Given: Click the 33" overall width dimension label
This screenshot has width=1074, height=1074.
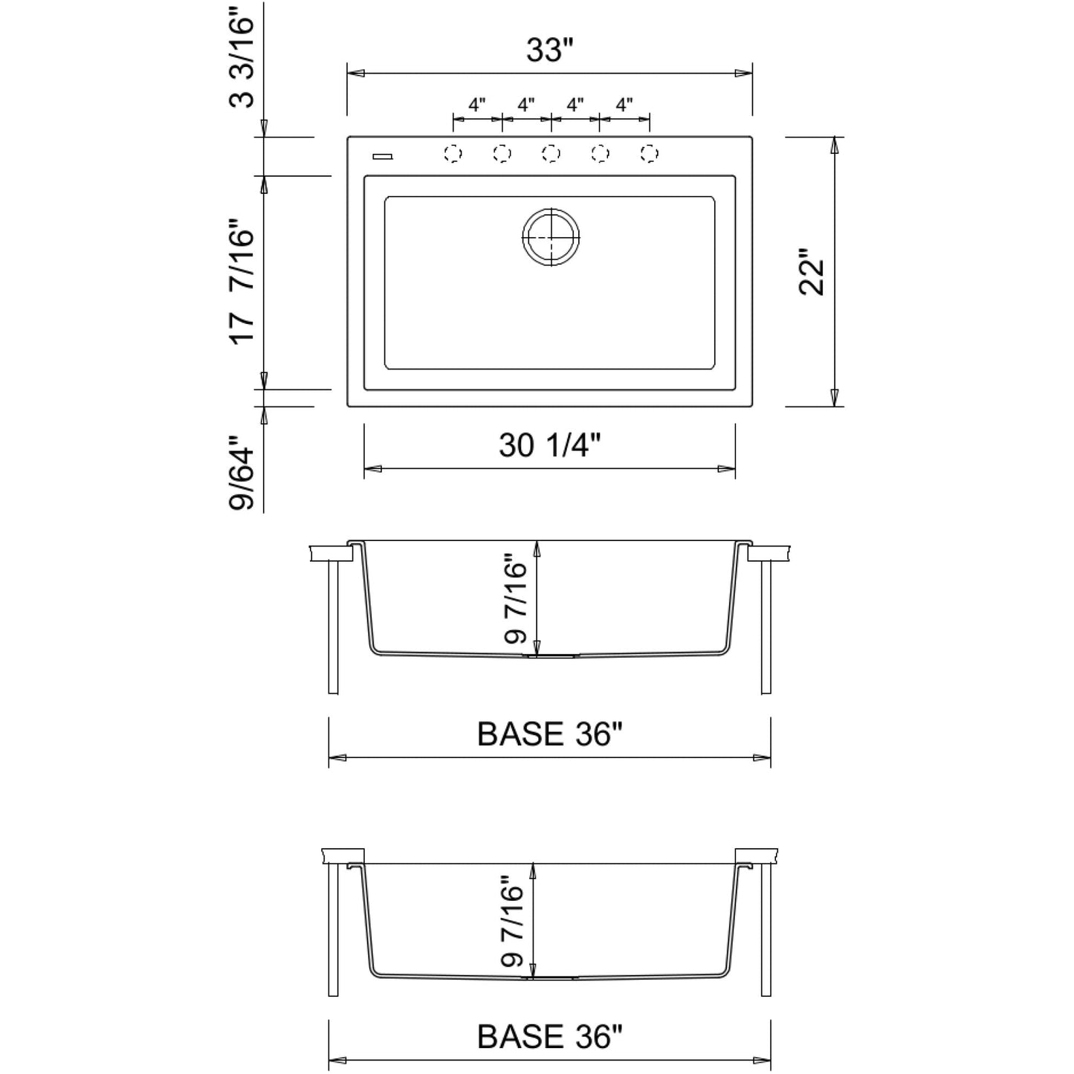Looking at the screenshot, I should tap(550, 51).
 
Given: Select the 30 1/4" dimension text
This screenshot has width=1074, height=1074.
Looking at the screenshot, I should tap(549, 445).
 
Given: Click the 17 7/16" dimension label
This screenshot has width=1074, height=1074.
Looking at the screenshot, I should tap(242, 281).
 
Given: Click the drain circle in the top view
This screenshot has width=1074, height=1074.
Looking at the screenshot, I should tap(550, 237).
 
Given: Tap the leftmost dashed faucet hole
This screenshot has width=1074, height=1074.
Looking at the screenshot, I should tap(453, 154).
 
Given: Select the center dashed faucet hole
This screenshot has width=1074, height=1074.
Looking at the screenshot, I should tap(551, 154).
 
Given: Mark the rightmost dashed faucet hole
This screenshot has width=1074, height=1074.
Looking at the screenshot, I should tap(650, 154).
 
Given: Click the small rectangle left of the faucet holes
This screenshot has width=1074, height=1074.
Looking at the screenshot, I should tap(383, 156).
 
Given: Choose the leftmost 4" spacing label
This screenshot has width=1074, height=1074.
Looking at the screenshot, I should tap(476, 105).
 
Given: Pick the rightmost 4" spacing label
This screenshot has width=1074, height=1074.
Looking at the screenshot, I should tap(624, 105).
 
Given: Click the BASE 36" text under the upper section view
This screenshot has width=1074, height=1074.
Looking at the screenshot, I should tap(549, 734).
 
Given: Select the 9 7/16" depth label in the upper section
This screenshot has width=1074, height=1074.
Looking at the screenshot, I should tap(514, 599).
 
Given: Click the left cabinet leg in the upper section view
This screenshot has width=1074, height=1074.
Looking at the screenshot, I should tap(333, 627).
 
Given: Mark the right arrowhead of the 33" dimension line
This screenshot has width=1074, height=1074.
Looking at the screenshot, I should tap(744, 74).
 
